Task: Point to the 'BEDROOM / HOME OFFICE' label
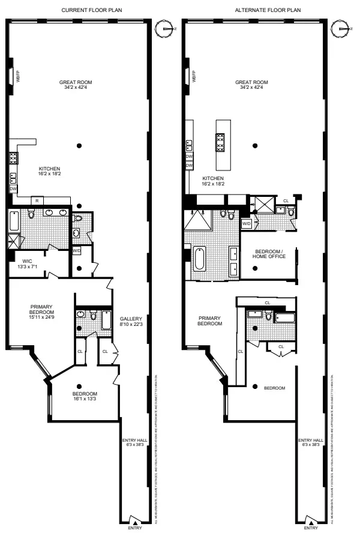[269, 254]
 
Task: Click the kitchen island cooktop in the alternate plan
[220, 142]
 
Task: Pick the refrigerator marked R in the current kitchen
[37, 200]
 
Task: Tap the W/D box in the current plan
[76, 250]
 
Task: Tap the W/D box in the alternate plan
[247, 223]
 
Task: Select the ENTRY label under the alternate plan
[311, 528]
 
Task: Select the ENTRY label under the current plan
[135, 528]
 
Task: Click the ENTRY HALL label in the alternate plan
[311, 442]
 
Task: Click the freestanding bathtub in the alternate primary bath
[199, 260]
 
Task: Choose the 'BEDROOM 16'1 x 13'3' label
[81, 379]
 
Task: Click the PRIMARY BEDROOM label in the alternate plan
[209, 321]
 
